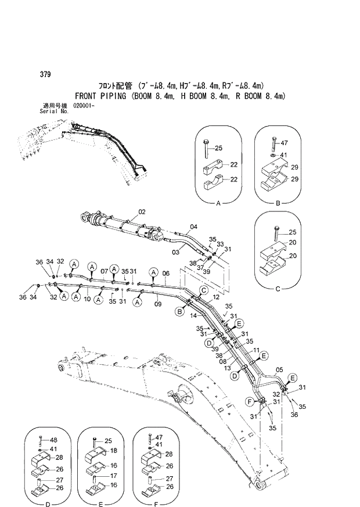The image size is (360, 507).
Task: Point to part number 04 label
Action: (193, 226)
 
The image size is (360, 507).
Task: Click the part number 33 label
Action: (220, 244)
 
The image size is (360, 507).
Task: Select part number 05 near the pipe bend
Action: (279, 369)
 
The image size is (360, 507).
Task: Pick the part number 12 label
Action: (215, 297)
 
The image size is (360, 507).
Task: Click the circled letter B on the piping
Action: (180, 312)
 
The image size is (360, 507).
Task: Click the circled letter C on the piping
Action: (204, 290)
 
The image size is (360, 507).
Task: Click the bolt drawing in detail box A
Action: (207, 149)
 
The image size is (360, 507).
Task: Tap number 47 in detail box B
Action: (284, 143)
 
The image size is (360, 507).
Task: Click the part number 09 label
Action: (157, 303)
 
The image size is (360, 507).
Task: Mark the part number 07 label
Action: (104, 271)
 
